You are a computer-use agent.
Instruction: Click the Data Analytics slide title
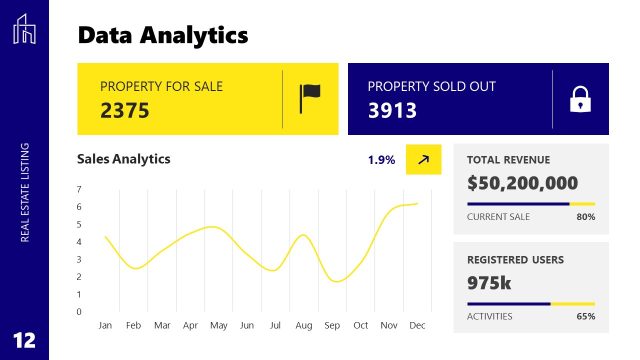pyautogui.click(x=162, y=36)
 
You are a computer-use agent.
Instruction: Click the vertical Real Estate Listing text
pyautogui.click(x=25, y=192)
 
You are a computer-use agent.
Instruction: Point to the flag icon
pyautogui.click(x=310, y=98)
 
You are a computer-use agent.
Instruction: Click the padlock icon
pyautogui.click(x=579, y=99)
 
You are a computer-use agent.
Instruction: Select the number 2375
pyautogui.click(x=125, y=110)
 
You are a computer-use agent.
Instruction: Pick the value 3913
pyautogui.click(x=392, y=110)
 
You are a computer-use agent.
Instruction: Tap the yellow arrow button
pyautogui.click(x=423, y=159)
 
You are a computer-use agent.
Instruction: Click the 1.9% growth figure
pyautogui.click(x=381, y=160)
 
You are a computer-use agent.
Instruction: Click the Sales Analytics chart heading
pyautogui.click(x=124, y=159)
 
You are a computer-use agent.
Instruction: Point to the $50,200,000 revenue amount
pyautogui.click(x=522, y=183)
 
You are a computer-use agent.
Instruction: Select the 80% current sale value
pyautogui.click(x=586, y=217)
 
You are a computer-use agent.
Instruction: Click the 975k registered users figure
pyautogui.click(x=489, y=283)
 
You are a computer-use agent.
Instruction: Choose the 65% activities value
pyautogui.click(x=586, y=316)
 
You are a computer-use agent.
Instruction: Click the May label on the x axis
pyautogui.click(x=218, y=326)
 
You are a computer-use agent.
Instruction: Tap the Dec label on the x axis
pyautogui.click(x=417, y=326)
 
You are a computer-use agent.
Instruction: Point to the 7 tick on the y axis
pyautogui.click(x=79, y=189)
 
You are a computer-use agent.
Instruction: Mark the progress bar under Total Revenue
pyautogui.click(x=531, y=203)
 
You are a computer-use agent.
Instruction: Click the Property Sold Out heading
pyautogui.click(x=431, y=87)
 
